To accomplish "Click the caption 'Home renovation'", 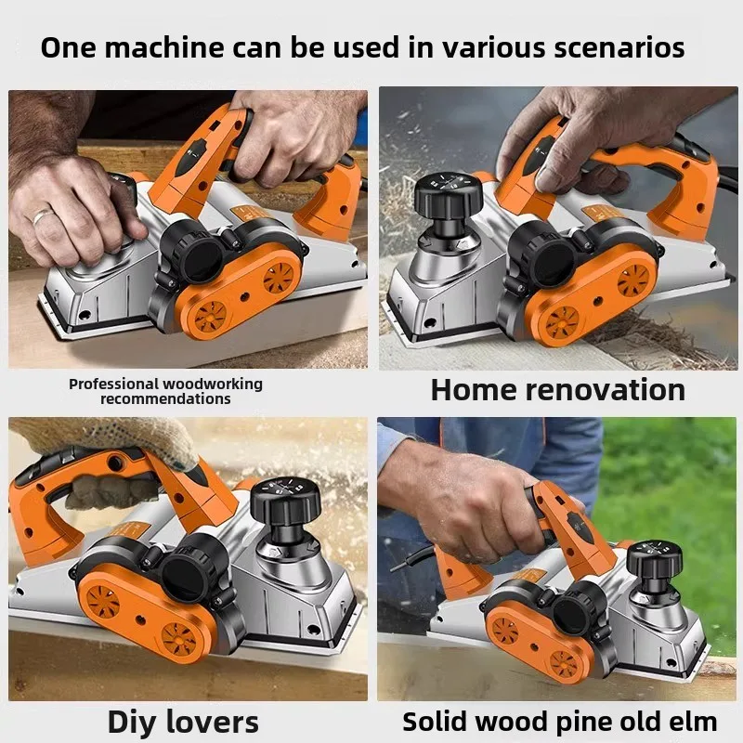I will pyautogui.click(x=557, y=389).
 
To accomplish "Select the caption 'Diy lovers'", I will pyautogui.click(x=183, y=722).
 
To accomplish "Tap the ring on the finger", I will pyautogui.click(x=43, y=216).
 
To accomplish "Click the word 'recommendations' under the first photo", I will pyautogui.click(x=165, y=399).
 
